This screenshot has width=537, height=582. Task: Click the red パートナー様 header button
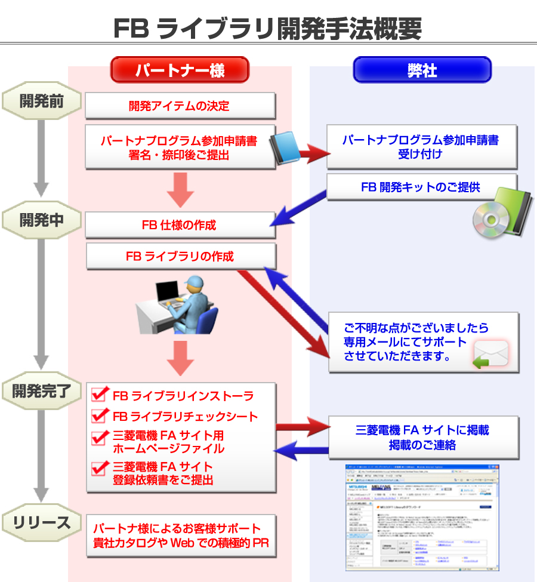pos(180,70)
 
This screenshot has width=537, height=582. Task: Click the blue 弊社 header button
pos(422,70)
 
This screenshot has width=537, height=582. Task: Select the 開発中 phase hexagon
pos(41,220)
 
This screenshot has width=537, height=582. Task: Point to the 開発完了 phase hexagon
pos(41,391)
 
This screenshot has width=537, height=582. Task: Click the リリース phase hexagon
pos(41,524)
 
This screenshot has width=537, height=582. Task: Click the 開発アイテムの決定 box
pos(180,106)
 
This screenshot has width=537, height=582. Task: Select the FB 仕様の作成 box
pos(180,225)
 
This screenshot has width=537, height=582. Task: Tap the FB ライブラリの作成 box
pos(180,256)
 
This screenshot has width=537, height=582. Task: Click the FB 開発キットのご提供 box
pos(421,187)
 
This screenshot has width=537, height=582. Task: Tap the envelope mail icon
pos(490,355)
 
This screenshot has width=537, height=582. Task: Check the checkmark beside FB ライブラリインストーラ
pos(99,395)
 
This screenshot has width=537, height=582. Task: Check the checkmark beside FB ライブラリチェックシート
pos(99,416)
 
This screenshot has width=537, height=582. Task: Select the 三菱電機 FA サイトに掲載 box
pos(422,438)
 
